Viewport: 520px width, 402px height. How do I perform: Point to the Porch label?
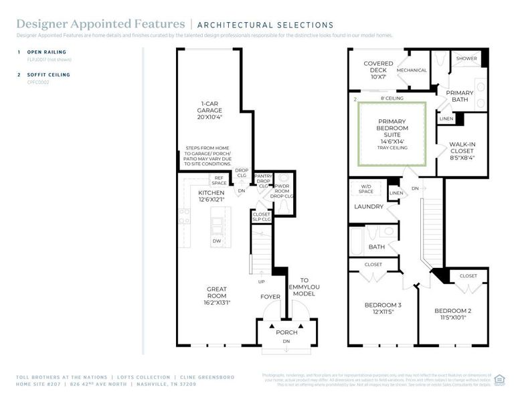coord(286,332)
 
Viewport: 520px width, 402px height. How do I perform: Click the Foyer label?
coord(270,296)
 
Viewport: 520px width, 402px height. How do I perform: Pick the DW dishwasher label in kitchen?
coord(216,241)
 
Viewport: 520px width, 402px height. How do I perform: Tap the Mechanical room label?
coord(412,70)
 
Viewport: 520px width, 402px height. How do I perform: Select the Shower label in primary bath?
coord(466,59)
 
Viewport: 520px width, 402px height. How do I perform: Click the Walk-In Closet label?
coord(461,147)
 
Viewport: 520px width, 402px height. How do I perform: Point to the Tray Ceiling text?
coord(392,148)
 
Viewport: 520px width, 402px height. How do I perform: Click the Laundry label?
coord(369,206)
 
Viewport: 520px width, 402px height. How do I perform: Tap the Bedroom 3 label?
coord(383,309)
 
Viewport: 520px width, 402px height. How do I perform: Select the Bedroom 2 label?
coord(452,314)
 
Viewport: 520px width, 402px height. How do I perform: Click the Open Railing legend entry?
coord(44,52)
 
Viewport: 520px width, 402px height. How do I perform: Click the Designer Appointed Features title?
coord(100,25)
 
